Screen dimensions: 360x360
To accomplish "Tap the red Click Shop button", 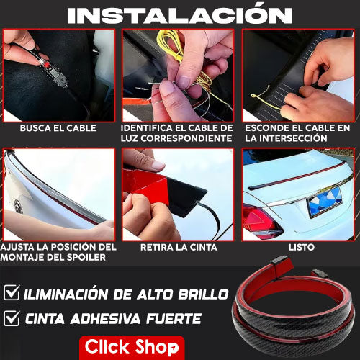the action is (132, 347).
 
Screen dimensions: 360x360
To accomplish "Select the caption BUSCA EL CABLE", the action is (58, 128).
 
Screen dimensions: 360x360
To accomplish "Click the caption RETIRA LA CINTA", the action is (179, 247).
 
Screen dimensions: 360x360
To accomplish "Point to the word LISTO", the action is (302, 247).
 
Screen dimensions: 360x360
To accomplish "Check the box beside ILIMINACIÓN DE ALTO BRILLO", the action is (12, 292).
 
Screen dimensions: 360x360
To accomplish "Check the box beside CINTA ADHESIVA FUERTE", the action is (12, 318).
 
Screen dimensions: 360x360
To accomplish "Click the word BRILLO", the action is (203, 294).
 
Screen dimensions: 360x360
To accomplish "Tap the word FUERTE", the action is (174, 319).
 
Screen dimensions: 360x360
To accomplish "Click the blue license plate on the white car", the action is (325, 202).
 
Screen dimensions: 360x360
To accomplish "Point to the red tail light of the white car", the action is (261, 222).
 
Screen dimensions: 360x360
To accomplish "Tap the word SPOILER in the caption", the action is (86, 258).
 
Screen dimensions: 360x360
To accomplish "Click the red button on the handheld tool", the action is (47, 64).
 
